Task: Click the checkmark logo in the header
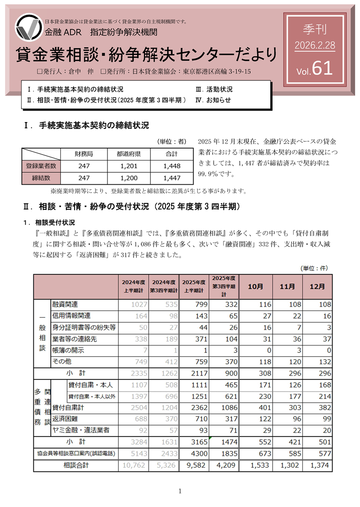28,28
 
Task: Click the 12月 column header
317,287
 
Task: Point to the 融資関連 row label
65,304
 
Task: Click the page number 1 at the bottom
180,491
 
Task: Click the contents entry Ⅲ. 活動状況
214,90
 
